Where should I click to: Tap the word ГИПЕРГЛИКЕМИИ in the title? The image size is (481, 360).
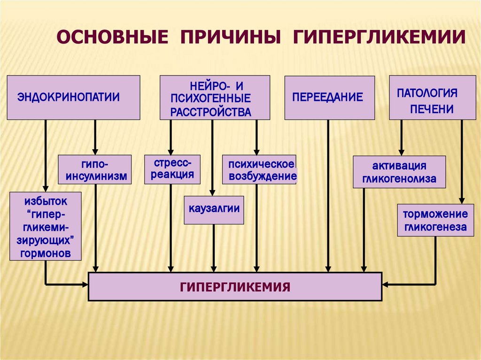coord(380,37)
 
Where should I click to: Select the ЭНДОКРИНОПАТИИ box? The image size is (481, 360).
coord(73,97)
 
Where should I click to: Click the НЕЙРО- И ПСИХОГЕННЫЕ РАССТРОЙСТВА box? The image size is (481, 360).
coord(215,97)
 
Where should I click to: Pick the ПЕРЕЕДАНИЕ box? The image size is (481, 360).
coord(329,97)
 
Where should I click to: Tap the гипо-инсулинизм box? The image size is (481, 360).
coord(94,169)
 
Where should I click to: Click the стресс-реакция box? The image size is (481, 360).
coord(172,169)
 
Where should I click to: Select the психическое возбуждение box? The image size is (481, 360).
coord(259,169)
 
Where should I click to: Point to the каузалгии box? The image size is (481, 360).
coord(214,210)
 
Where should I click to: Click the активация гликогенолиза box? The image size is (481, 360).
coord(399,172)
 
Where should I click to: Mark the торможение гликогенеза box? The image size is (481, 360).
coord(435,220)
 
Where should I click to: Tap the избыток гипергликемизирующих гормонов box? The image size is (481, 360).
coord(46,227)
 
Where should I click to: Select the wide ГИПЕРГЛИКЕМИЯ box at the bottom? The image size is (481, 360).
coord(235,286)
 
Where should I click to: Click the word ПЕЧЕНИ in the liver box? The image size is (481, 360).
coord(431,109)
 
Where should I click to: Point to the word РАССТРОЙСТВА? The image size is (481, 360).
coord(210,112)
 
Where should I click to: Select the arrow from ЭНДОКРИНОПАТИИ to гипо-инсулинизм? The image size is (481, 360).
coord(95,137)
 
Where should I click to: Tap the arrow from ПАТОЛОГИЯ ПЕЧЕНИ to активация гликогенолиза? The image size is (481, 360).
coord(401,137)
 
